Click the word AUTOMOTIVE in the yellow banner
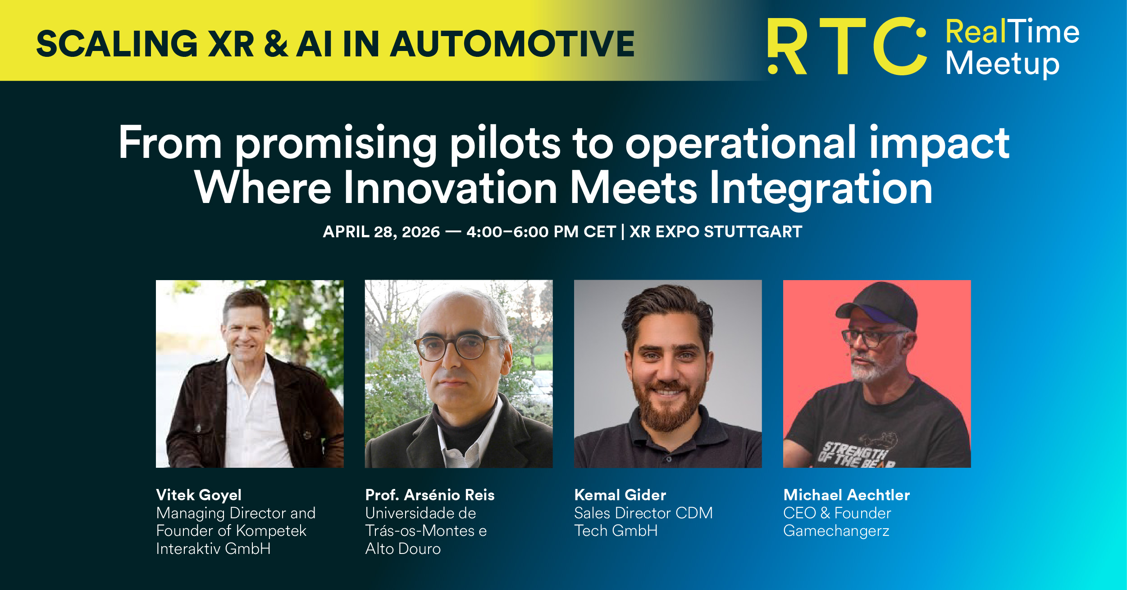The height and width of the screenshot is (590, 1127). point(512,44)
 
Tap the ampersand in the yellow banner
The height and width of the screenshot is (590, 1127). point(276,44)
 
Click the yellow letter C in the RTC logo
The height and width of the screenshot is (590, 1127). point(899,46)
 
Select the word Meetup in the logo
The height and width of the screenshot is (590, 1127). point(1002,64)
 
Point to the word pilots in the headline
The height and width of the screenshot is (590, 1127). point(505,143)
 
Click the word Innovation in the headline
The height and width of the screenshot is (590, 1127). point(450,188)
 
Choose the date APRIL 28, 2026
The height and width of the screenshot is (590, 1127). point(381,232)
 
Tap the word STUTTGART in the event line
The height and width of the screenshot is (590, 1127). point(753,232)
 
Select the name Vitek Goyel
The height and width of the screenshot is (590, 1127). point(199,495)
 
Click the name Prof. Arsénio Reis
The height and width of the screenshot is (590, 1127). point(430,495)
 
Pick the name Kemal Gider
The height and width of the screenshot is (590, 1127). point(620,495)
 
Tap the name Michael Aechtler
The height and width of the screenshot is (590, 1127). point(847,495)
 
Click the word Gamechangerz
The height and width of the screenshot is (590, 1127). point(836,531)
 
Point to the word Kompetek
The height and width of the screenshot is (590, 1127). point(271,531)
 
